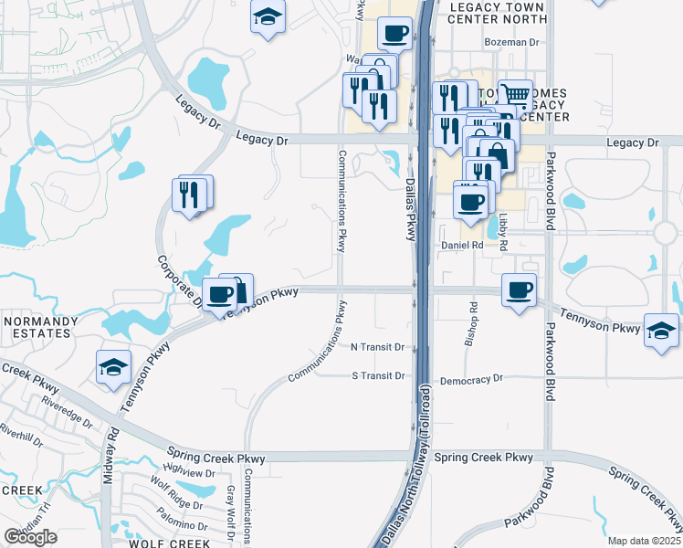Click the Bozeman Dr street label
(x=512, y=42)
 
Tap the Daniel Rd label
(x=462, y=245)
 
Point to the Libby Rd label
(x=502, y=230)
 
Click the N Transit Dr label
(x=378, y=347)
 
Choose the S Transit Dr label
(x=378, y=375)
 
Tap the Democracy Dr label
(x=471, y=378)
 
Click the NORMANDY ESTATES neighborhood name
(x=37, y=327)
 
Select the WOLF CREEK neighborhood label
(x=163, y=543)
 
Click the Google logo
(x=30, y=537)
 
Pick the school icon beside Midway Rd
(x=112, y=367)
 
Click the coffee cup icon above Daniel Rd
(x=471, y=201)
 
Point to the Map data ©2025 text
(x=644, y=541)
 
